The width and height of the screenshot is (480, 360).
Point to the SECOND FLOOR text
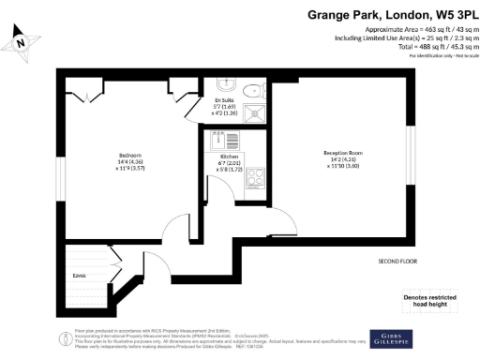[x=397, y=261]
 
